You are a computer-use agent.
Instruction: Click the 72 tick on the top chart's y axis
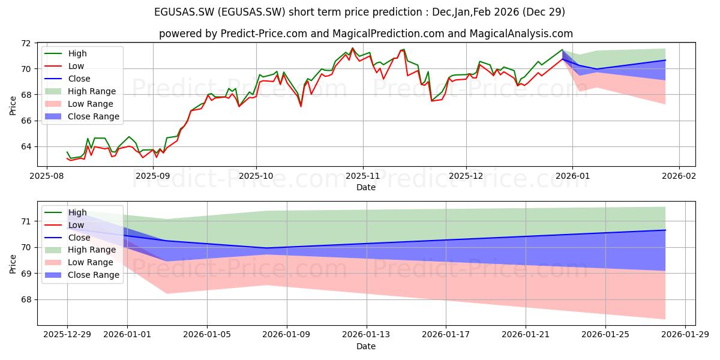click(26, 43)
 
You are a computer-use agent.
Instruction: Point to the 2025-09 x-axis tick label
click(153, 176)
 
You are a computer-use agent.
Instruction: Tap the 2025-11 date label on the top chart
click(363, 176)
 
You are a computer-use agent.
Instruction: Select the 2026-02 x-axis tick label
click(679, 176)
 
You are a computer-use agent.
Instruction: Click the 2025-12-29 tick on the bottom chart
click(67, 335)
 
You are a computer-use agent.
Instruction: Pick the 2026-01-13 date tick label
click(366, 335)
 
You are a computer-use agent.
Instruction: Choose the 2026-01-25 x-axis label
click(605, 335)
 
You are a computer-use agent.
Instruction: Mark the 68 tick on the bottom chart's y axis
click(26, 299)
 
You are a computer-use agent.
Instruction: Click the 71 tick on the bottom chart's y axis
click(26, 221)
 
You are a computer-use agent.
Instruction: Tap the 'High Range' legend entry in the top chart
click(80, 91)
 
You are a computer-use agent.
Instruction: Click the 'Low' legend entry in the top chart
click(64, 66)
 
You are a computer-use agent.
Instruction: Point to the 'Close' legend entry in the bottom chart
click(67, 238)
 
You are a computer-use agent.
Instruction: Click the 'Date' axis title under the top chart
click(366, 187)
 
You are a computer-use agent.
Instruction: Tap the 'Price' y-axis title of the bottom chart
click(13, 264)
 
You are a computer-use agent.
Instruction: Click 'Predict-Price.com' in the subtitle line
click(264, 34)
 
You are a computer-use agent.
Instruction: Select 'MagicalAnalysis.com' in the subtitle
click(521, 34)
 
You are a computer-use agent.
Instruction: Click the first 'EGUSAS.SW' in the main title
click(184, 12)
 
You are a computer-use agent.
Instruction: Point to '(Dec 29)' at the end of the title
click(544, 12)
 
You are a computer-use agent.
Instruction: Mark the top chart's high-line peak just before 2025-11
click(353, 48)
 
